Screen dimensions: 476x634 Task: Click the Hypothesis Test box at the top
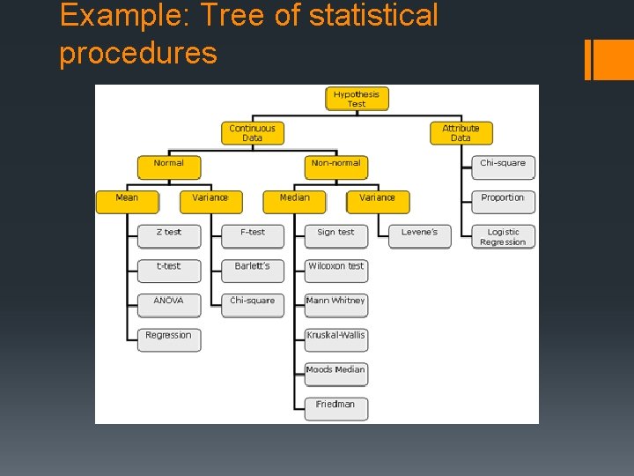click(357, 99)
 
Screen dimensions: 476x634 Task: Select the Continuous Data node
click(252, 133)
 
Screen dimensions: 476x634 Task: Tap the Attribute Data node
click(461, 133)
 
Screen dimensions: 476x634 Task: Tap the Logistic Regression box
click(503, 237)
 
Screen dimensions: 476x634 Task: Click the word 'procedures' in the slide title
click(137, 53)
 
